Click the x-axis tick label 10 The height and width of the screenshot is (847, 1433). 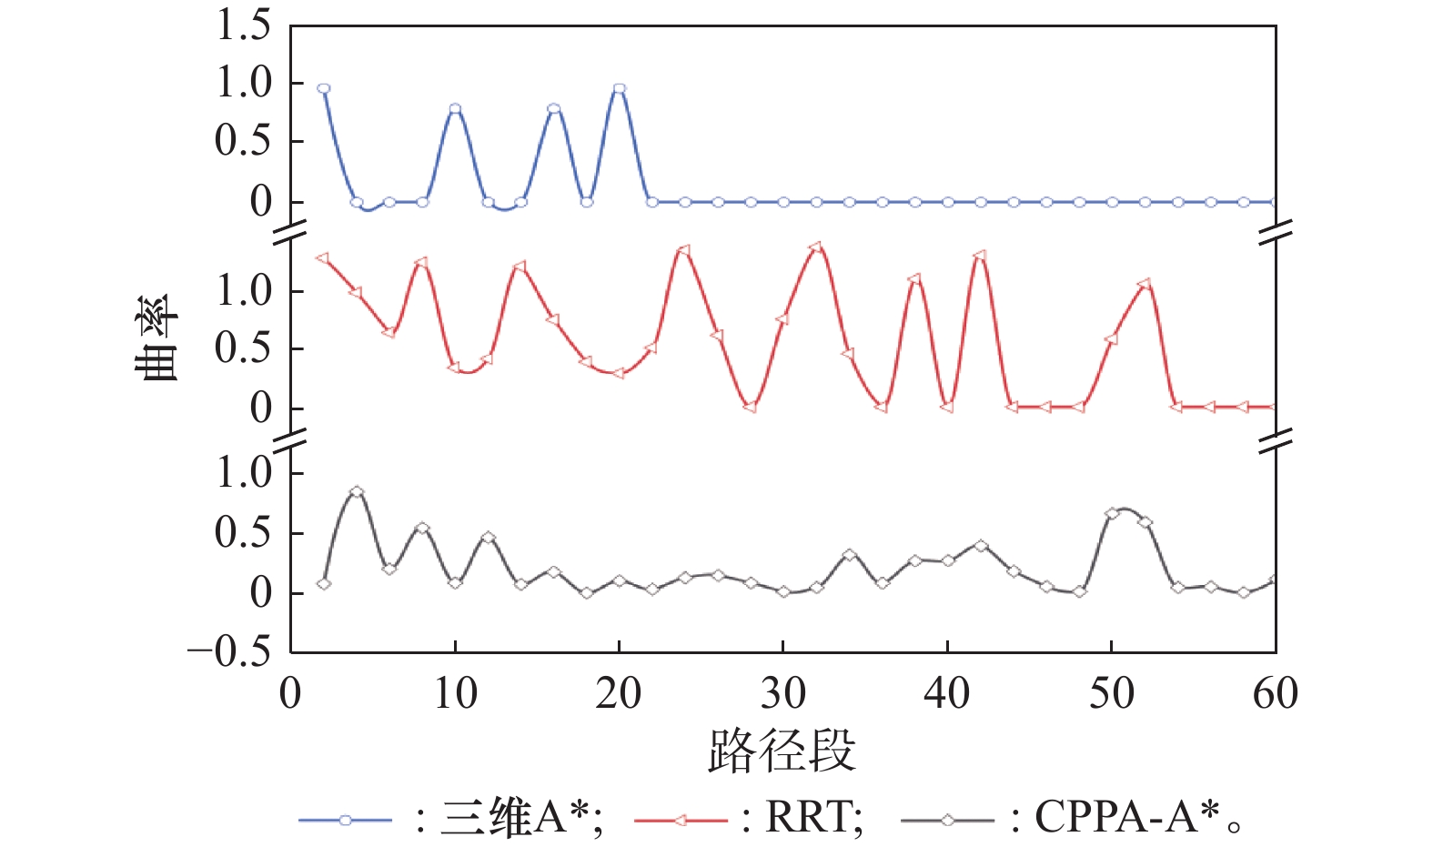pyautogui.click(x=455, y=694)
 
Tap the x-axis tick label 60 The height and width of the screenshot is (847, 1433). pyautogui.click(x=1275, y=694)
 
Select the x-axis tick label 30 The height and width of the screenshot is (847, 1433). pyautogui.click(x=782, y=694)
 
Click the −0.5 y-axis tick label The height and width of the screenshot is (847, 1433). pyautogui.click(x=229, y=651)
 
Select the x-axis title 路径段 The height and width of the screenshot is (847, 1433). pyautogui.click(x=782, y=751)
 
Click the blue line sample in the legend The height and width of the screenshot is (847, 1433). pyautogui.click(x=345, y=821)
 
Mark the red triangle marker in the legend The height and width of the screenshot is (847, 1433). pyautogui.click(x=681, y=821)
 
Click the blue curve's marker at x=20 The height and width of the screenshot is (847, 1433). pyautogui.click(x=620, y=88)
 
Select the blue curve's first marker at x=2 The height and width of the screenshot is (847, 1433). pyautogui.click(x=324, y=88)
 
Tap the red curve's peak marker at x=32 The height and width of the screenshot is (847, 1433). pyautogui.click(x=815, y=247)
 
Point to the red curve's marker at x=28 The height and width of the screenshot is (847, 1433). pyautogui.click(x=750, y=407)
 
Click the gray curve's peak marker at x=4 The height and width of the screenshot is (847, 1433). pyautogui.click(x=357, y=492)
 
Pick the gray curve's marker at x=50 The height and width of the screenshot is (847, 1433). pyautogui.click(x=1112, y=514)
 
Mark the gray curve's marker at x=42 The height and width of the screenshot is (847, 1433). pyautogui.click(x=981, y=546)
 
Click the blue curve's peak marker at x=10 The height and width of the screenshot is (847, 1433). pyautogui.click(x=455, y=109)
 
